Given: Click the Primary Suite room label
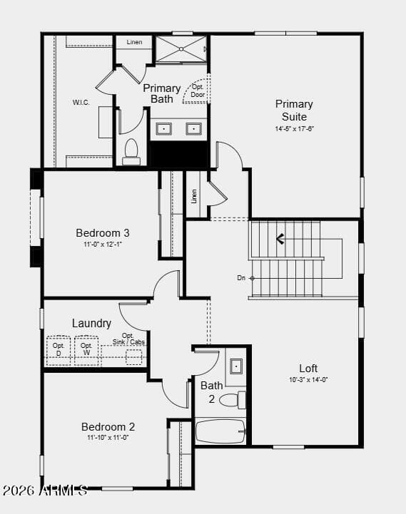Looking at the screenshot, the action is coord(294,110).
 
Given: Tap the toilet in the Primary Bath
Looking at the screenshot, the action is coord(131,152).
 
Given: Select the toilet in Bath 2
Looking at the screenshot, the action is coord(233,400).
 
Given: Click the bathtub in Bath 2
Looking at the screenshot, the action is coord(220,431).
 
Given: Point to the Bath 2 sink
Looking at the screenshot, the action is coord(236,366).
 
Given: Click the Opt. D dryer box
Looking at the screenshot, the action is coord(59,350).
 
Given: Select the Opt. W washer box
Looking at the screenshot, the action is coord(86,350).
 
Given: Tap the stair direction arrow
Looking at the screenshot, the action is coord(280,239).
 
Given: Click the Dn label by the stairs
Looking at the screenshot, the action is coord(241,278).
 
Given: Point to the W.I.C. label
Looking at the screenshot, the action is coord(81,102).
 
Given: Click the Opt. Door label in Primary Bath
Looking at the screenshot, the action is coord(198,91).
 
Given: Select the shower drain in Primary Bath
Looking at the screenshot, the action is coord(181,49).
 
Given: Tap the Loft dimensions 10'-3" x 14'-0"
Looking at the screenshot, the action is coord(308,379).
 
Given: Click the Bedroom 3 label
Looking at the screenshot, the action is coord(103,232).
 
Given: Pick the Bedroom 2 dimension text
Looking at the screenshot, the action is coord(108,437).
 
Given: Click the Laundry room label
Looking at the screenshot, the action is coord(91,323).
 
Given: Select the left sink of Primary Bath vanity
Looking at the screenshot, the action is coord(164,129).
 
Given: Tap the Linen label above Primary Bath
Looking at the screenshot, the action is coord(134,42).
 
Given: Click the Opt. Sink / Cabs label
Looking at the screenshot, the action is coord(128,339).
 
